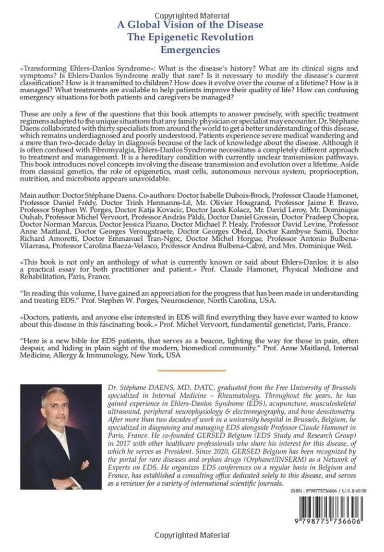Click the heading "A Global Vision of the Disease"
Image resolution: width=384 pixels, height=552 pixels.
192,25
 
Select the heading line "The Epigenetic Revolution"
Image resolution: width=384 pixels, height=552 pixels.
192,37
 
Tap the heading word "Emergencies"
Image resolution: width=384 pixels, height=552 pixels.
192,49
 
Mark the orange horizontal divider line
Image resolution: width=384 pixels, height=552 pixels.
192,370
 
